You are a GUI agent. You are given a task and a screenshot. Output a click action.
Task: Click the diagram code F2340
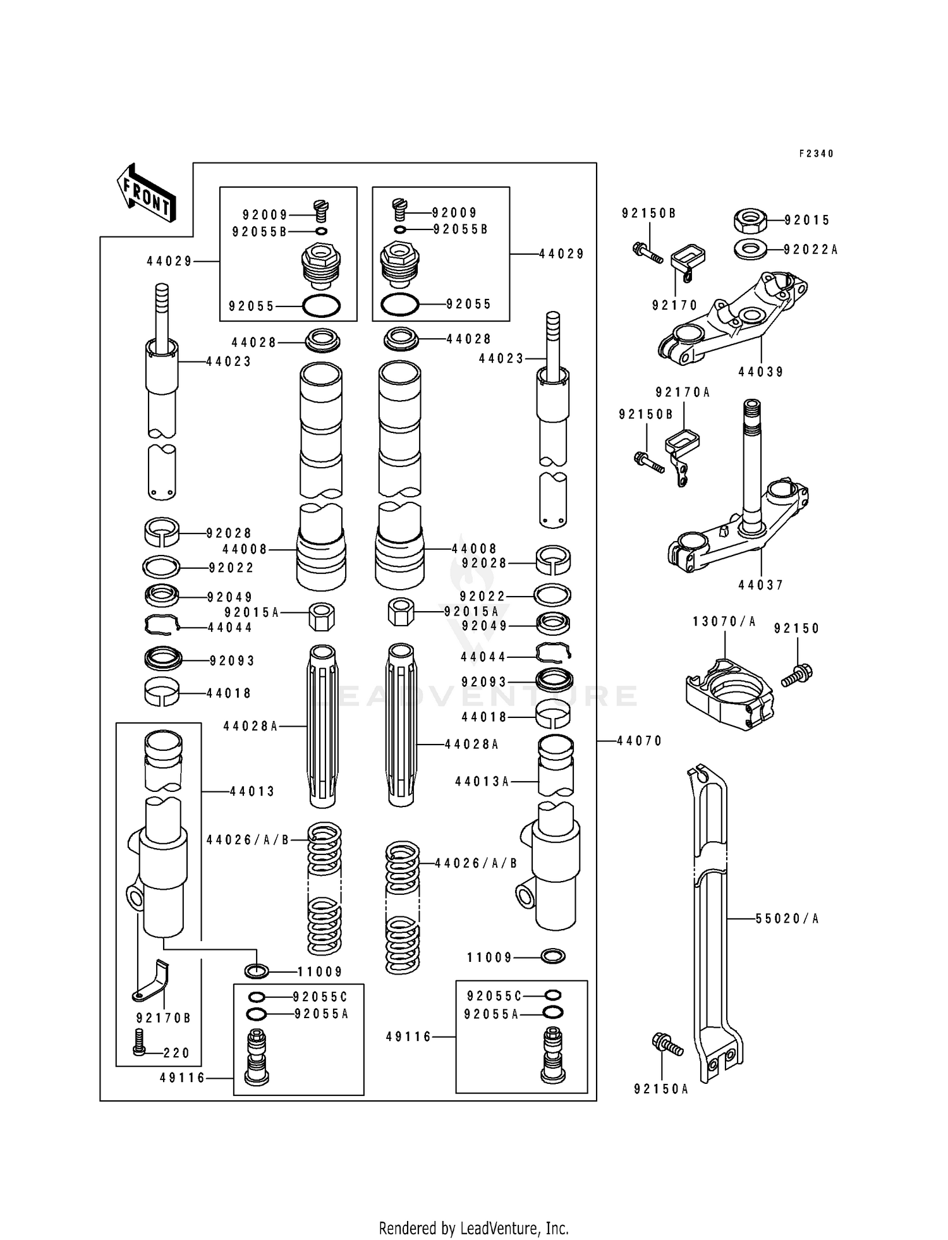(x=816, y=154)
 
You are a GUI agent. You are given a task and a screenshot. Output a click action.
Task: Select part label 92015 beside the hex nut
(x=807, y=220)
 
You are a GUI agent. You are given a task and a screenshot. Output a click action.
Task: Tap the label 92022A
(x=810, y=250)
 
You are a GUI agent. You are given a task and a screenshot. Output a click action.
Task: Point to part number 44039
(x=761, y=372)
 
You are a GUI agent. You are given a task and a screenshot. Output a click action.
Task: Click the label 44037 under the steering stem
(x=761, y=585)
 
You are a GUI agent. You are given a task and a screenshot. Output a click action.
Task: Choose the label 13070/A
(x=724, y=621)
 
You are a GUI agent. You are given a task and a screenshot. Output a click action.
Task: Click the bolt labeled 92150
(x=798, y=674)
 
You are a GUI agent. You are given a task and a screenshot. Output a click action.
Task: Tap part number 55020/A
(x=787, y=918)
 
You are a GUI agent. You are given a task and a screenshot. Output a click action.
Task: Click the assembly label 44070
(x=640, y=741)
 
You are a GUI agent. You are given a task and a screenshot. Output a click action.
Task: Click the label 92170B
(x=163, y=1018)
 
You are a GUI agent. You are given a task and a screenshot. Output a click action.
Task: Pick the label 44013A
(x=482, y=782)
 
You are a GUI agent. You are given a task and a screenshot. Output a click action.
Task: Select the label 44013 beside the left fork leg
(x=252, y=791)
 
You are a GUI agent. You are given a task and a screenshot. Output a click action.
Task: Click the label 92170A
(x=683, y=392)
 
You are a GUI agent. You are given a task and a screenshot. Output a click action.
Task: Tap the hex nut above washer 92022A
(x=750, y=221)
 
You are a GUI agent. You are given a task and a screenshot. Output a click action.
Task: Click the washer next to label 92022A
(x=751, y=249)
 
